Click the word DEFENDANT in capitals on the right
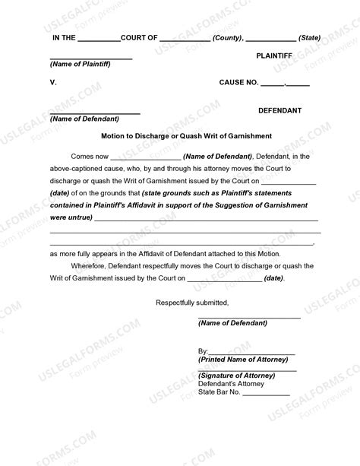tap(280, 110)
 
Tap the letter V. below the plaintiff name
tap(53, 81)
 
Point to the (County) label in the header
tap(228, 36)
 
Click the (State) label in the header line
tap(310, 36)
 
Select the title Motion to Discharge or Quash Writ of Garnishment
tap(179, 136)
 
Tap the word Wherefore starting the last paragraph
tap(91, 265)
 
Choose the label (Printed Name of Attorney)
tap(242, 359)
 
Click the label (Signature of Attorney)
tap(236, 376)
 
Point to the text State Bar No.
tap(219, 392)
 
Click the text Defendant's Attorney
tap(231, 384)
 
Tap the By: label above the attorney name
tap(203, 350)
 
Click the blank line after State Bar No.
tap(266, 395)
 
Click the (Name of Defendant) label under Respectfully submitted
tap(232, 323)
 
